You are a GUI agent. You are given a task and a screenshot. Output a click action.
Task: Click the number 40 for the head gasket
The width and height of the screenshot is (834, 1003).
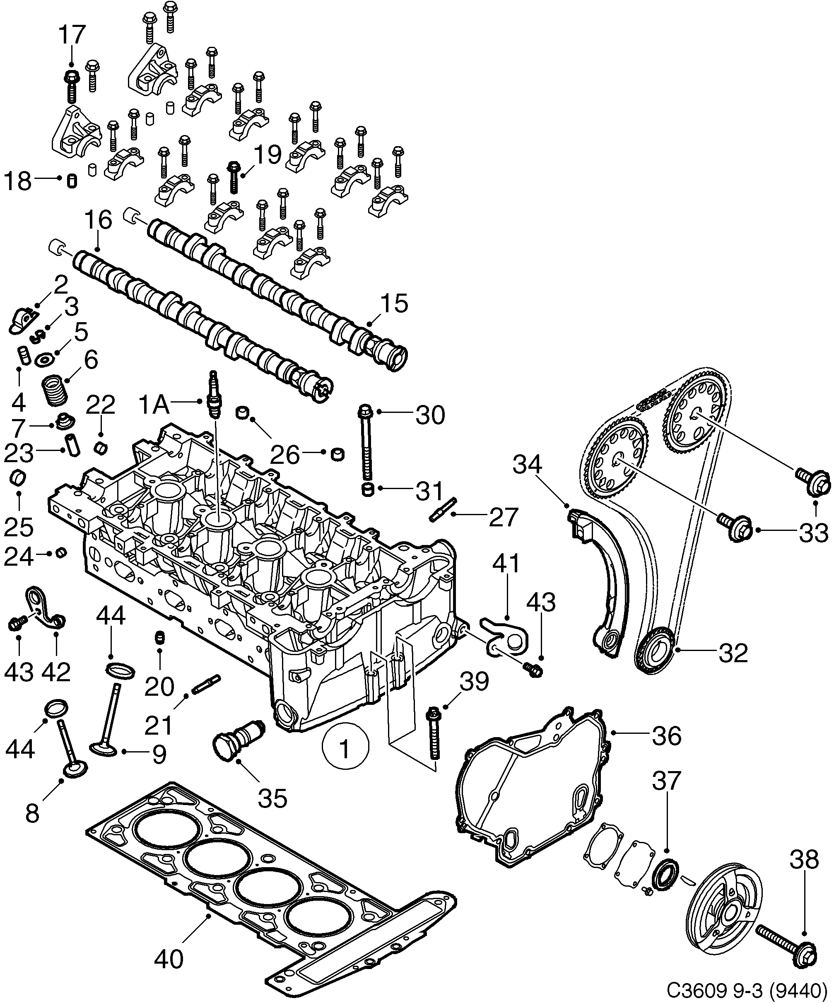(169, 959)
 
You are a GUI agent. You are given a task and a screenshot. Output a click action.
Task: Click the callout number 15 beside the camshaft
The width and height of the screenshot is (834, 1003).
(394, 304)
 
